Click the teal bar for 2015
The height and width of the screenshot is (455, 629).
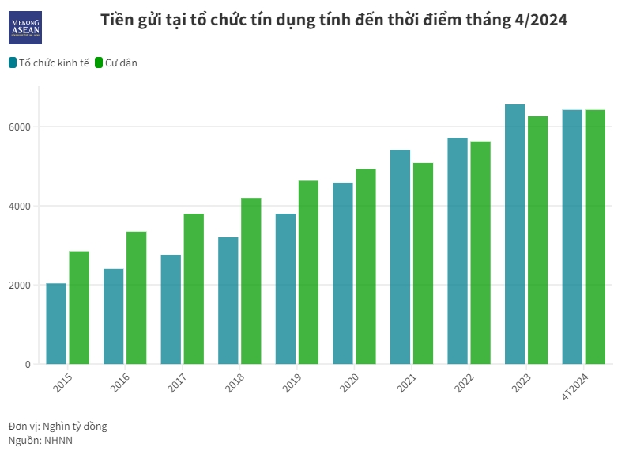click(56, 324)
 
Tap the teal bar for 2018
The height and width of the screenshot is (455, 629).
click(228, 301)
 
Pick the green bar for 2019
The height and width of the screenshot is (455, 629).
click(308, 272)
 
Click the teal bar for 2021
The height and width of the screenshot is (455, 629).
click(400, 257)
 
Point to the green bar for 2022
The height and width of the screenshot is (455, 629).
click(480, 252)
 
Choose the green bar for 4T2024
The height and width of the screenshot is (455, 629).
click(595, 237)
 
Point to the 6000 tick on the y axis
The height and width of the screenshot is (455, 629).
click(21, 127)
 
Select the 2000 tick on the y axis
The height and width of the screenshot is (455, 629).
click(21, 285)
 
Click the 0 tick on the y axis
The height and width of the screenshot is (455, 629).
click(28, 364)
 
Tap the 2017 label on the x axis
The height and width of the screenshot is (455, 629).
click(177, 384)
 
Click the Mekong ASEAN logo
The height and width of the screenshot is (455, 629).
click(25, 28)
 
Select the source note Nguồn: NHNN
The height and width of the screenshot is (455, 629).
click(40, 440)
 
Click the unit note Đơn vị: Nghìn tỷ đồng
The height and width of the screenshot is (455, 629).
click(58, 426)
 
